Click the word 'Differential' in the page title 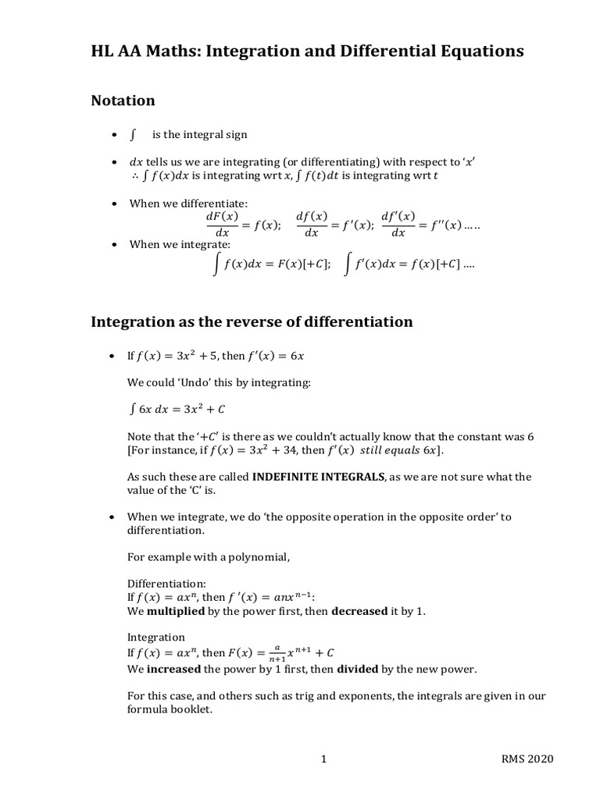click(x=371, y=51)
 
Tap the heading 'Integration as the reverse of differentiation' click(x=252, y=321)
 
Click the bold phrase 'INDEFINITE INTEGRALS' click(x=319, y=476)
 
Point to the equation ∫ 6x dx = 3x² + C click(x=177, y=409)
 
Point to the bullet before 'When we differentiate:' click(x=114, y=204)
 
